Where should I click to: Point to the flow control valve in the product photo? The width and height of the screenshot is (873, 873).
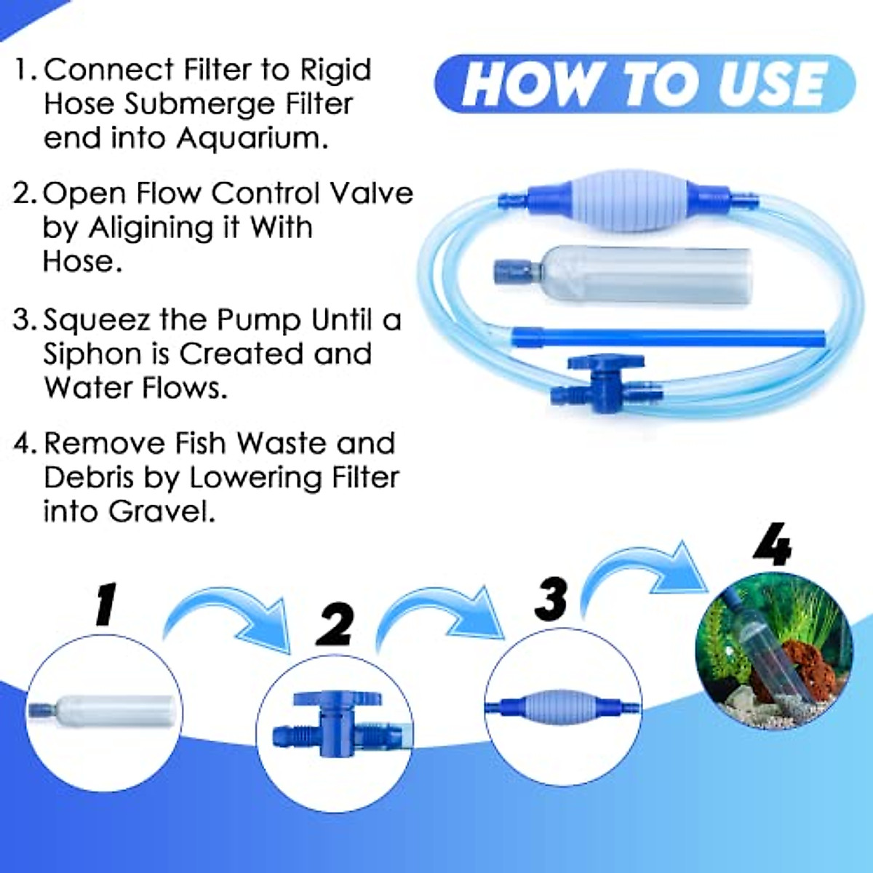pos(606,384)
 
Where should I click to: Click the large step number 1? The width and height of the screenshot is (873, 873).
pos(106,604)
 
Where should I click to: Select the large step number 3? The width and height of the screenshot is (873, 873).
pos(551,599)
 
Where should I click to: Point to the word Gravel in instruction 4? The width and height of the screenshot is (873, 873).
pos(162,511)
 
